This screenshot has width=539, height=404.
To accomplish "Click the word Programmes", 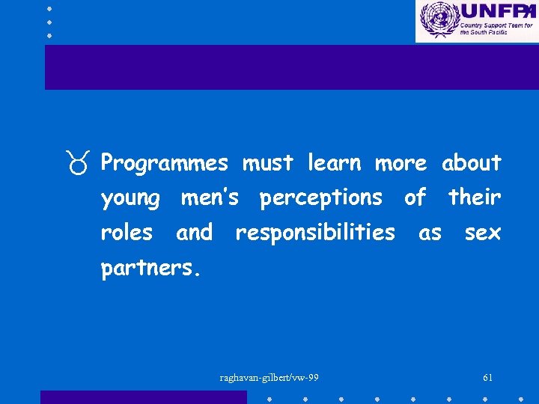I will tap(164, 164).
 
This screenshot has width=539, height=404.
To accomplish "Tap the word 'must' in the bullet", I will tap(267, 162).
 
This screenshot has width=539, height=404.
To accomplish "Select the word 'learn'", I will tap(334, 162).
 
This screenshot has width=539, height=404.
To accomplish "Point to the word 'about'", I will tap(471, 162).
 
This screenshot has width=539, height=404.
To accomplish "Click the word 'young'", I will tap(131, 199).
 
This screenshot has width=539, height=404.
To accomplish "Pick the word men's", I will tap(210, 198).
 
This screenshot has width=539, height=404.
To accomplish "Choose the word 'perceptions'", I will tap(320, 199).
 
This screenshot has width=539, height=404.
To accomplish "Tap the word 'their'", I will tap(475, 198).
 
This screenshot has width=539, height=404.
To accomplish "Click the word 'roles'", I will tap(127, 233).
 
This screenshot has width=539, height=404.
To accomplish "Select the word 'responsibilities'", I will tap(314, 233).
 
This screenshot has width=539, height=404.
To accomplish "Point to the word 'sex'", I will tap(482, 233).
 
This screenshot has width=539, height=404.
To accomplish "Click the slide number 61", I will tap(488, 377).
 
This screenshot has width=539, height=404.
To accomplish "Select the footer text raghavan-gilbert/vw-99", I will tap(269, 377).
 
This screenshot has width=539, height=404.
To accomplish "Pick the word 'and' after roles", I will tap(194, 233).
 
